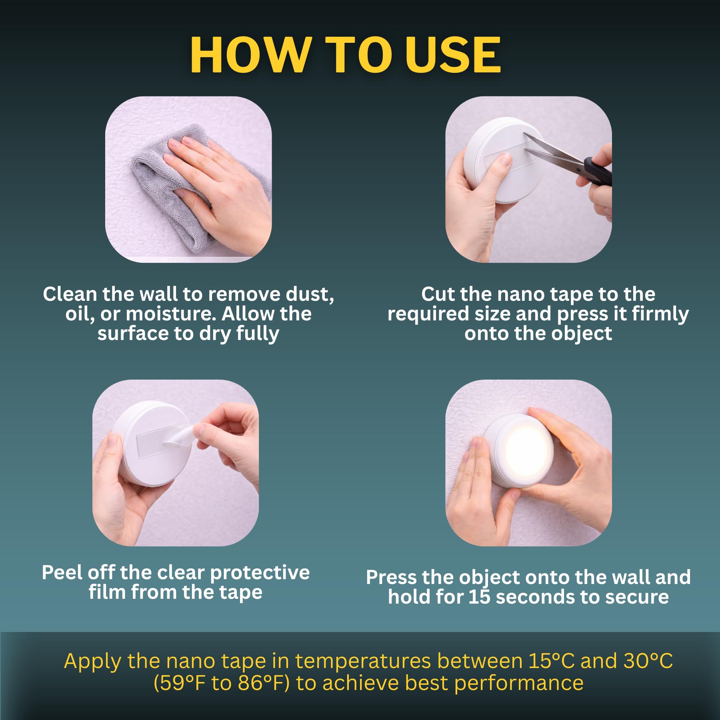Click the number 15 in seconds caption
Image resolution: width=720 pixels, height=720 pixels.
479,597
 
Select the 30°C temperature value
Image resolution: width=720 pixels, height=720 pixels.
648,661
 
